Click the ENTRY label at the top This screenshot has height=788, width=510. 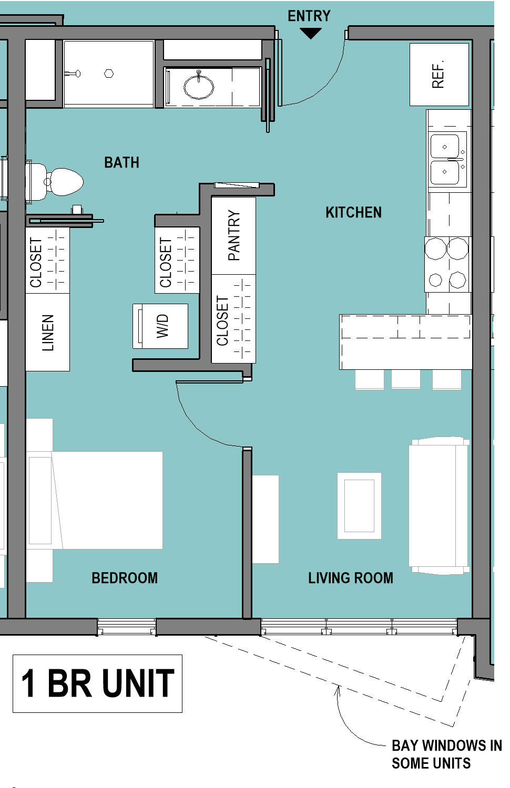pos(309,16)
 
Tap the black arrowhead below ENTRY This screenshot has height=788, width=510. pos(310,34)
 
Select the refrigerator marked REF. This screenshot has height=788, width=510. pos(439,74)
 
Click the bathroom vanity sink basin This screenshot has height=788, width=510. pos(199,86)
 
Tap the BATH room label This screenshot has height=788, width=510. pos(121,162)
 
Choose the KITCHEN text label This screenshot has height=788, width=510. pos(353,212)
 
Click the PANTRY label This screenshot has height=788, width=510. pos(233,235)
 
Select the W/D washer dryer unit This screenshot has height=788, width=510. pos(160,326)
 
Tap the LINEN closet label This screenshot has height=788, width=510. pos(48,333)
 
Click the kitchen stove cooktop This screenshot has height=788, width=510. pos(448,264)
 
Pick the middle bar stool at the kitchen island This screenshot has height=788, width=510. pos(405,379)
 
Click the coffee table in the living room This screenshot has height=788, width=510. pos(359,506)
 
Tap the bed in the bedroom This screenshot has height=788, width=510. pos(94,500)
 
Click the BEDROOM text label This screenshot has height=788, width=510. pos(125,578)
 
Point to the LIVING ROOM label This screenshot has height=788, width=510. pos(351,578)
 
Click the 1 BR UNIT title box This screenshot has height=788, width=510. pos(97,683)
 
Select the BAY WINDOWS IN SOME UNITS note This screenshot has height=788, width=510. pos(447,754)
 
